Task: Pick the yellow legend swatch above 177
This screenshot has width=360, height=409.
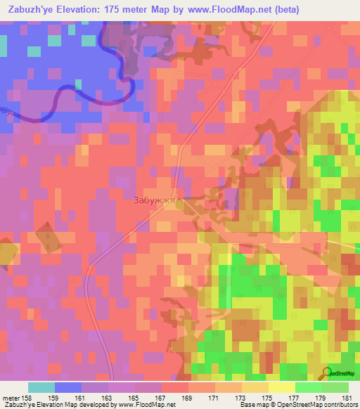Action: coord(281,387)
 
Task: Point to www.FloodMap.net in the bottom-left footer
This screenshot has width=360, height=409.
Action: coord(146,405)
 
